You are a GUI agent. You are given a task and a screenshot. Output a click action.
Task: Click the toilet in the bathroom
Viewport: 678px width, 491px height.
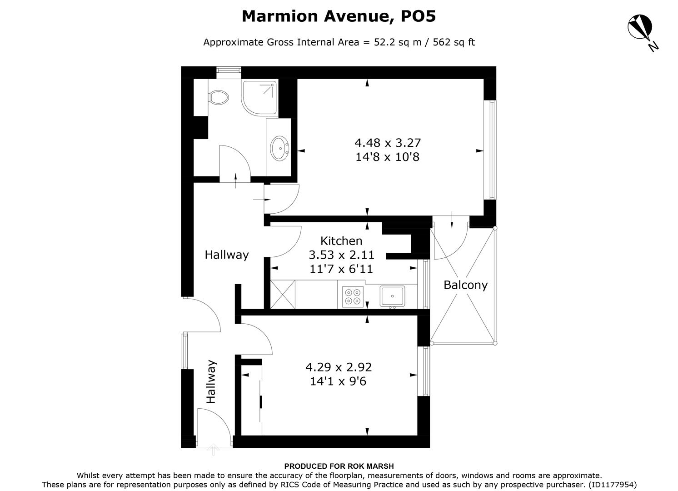[x=219, y=97]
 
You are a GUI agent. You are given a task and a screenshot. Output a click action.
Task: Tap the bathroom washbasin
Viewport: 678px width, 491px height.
[x=279, y=148]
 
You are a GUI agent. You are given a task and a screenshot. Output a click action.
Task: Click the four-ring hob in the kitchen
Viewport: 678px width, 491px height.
[x=353, y=296]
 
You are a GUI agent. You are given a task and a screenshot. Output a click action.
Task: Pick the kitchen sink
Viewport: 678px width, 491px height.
[x=392, y=296]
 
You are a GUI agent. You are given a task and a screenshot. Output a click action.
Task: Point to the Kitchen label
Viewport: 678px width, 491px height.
[x=341, y=241]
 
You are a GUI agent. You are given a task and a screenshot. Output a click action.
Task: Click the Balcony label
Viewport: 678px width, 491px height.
[x=465, y=285]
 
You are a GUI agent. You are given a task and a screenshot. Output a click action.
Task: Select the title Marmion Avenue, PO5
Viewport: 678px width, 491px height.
[x=339, y=16]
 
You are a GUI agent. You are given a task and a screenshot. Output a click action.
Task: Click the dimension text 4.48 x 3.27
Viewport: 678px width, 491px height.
[x=388, y=143]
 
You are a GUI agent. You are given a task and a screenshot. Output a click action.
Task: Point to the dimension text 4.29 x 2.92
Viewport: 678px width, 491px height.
[x=339, y=367]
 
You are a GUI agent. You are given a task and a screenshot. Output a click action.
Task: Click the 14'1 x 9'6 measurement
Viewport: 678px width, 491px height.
[x=338, y=381]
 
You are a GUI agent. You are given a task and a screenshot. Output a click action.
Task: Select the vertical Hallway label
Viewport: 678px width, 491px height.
[x=211, y=382]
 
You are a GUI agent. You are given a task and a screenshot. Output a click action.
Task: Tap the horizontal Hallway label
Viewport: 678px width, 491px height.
[x=226, y=255]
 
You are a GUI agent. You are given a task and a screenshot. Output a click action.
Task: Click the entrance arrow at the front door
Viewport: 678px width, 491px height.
[x=213, y=450]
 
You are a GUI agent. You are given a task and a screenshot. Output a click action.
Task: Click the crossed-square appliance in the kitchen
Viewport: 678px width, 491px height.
[x=282, y=294]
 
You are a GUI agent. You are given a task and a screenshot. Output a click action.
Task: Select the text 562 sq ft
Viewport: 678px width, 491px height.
[x=454, y=42]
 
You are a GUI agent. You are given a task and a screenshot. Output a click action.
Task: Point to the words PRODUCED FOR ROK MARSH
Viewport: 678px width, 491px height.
[x=339, y=466]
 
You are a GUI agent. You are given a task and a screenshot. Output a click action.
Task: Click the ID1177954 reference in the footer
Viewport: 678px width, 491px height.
[x=612, y=485]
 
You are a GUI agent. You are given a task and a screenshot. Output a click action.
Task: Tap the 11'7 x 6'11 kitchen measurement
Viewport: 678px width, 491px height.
[x=341, y=269]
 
